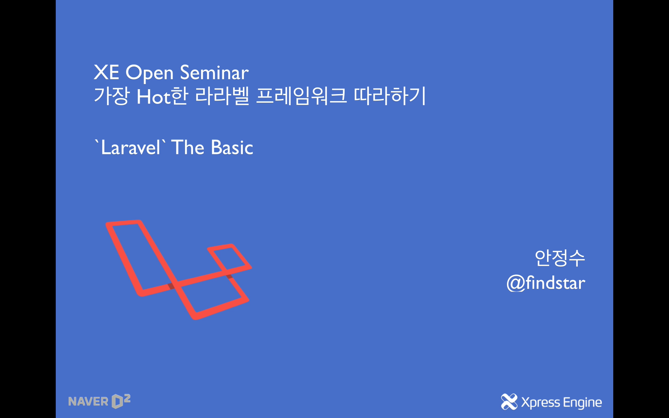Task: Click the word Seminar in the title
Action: point(214,73)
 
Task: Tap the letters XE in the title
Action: point(106,73)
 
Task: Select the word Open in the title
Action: point(149,73)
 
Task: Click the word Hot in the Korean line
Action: point(153,97)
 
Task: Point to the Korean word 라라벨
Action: point(222,96)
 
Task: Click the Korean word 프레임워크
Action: point(301,96)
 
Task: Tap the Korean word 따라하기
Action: point(390,96)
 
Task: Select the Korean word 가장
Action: point(111,96)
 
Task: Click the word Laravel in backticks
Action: point(131,148)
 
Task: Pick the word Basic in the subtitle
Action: point(232,148)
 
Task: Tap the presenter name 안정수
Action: point(560,258)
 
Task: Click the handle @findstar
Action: point(546,283)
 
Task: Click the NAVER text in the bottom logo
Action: point(88,402)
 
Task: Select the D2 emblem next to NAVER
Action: point(121,401)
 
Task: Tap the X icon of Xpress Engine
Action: point(509,402)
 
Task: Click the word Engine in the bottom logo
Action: point(582,403)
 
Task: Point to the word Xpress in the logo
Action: point(540,403)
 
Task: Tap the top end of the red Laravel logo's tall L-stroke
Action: point(124,223)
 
